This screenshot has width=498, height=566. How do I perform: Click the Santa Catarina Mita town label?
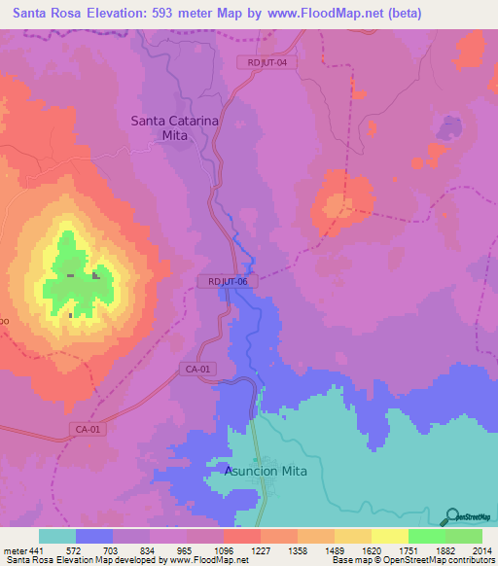[x=170, y=128]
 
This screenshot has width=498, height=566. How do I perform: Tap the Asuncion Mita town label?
[x=266, y=471]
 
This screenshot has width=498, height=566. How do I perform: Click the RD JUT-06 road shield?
[x=229, y=281]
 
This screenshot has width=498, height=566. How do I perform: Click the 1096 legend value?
[x=224, y=550]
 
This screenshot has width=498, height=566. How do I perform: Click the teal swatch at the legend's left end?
[x=57, y=536]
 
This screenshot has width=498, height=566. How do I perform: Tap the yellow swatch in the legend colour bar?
[x=389, y=536]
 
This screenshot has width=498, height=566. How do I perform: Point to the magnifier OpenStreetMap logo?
[x=450, y=516]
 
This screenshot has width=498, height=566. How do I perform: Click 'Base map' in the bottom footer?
[x=352, y=560]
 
